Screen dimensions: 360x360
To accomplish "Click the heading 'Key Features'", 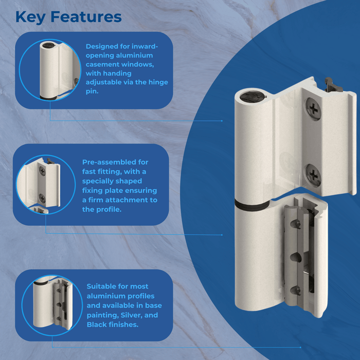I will [68, 16].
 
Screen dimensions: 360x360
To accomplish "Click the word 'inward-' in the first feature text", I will [146, 46].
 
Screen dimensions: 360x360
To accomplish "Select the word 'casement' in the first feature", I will [102, 64].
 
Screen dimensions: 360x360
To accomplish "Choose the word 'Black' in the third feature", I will [97, 325].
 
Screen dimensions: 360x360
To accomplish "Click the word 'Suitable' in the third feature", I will [102, 286].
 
